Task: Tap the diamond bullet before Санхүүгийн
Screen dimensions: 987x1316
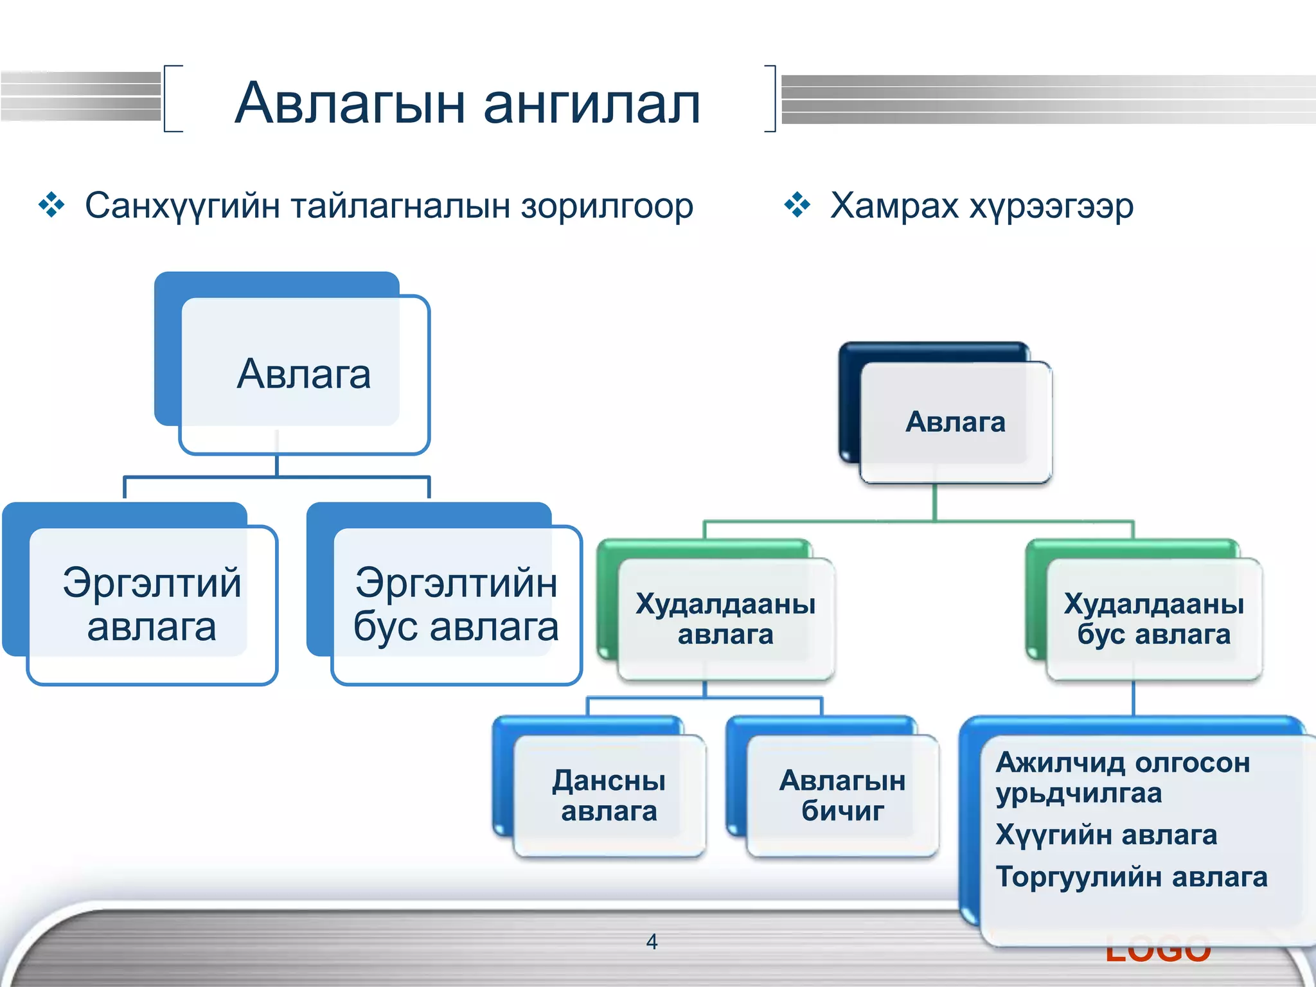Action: click(51, 206)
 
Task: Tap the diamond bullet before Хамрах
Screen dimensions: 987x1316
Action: click(797, 206)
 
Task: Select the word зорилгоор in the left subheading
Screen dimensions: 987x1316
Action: click(607, 207)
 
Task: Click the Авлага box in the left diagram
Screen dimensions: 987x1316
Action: click(303, 374)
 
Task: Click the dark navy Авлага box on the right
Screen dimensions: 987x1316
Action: click(955, 422)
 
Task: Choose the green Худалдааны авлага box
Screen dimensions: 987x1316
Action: click(725, 618)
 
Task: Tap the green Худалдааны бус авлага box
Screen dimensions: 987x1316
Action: click(1153, 618)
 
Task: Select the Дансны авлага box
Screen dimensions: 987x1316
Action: click(609, 796)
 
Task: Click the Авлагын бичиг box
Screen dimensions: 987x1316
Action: click(842, 796)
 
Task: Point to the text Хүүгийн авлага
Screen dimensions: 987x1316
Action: click(1105, 835)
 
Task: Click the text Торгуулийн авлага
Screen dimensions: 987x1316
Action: click(1131, 876)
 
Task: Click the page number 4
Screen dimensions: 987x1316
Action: click(652, 942)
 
